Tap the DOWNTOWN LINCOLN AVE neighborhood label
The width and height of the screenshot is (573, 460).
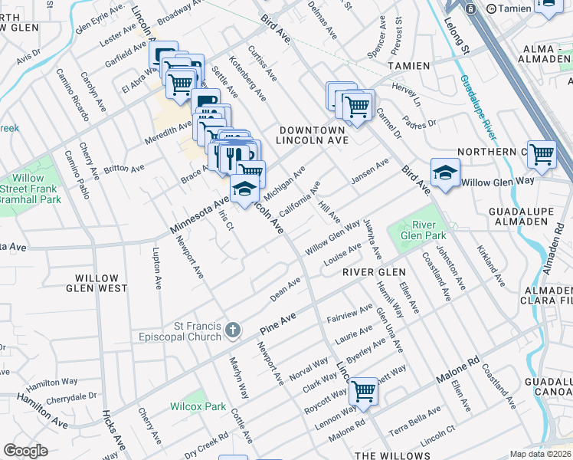pyautogui.click(x=313, y=136)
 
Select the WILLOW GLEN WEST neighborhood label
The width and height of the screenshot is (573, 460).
pyautogui.click(x=97, y=283)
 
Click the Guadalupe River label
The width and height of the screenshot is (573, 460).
pyautogui.click(x=478, y=107)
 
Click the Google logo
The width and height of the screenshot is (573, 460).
pyautogui.click(x=25, y=451)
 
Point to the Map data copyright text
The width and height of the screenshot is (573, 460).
pyautogui.click(x=541, y=454)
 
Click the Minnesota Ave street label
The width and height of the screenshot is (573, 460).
pyautogui.click(x=198, y=215)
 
